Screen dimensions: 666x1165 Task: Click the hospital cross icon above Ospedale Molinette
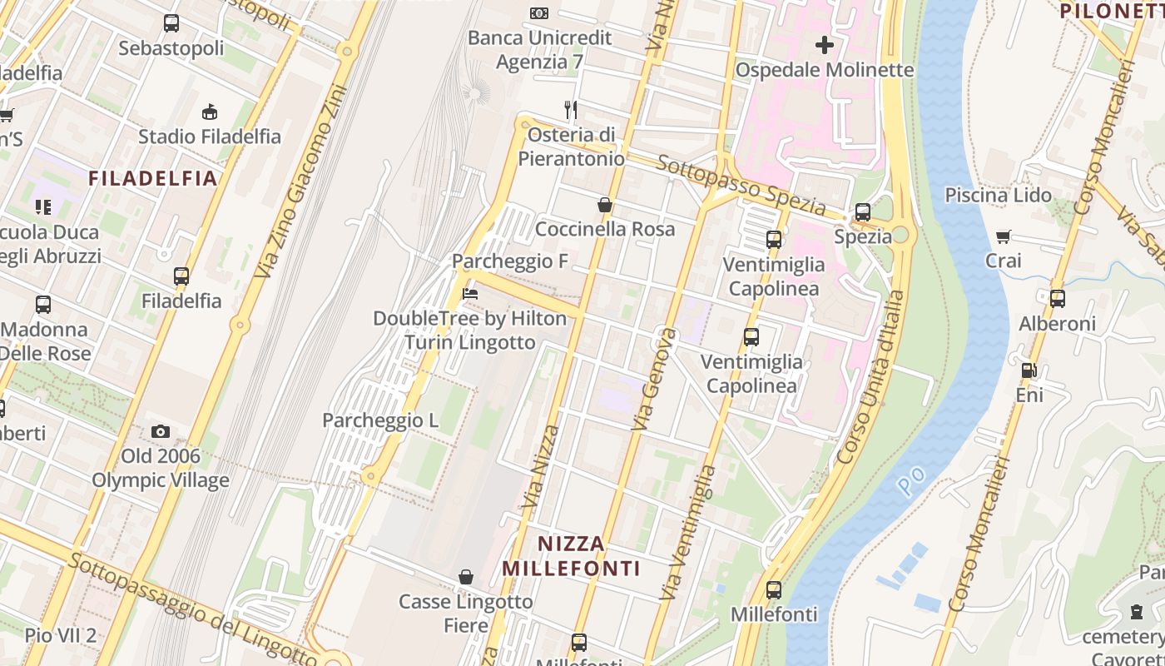pyautogui.click(x=824, y=44)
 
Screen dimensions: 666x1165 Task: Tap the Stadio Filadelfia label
pyautogui.click(x=210, y=137)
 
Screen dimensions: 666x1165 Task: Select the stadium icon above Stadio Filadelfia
pyautogui.click(x=210, y=112)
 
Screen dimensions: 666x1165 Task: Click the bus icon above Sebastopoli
pyautogui.click(x=171, y=23)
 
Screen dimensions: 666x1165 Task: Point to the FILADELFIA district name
pyautogui.click(x=153, y=178)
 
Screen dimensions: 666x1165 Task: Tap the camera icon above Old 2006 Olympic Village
pyautogui.click(x=161, y=431)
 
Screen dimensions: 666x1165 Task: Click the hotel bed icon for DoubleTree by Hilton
pyautogui.click(x=469, y=294)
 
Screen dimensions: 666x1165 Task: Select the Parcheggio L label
pyautogui.click(x=380, y=420)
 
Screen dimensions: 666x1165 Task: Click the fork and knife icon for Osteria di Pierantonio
pyautogui.click(x=571, y=110)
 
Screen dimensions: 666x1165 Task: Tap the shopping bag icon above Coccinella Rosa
pyautogui.click(x=605, y=205)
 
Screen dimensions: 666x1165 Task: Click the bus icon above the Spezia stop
pyautogui.click(x=863, y=212)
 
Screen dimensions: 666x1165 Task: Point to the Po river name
pyautogui.click(x=911, y=481)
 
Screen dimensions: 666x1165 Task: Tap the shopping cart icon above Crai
pyautogui.click(x=1004, y=236)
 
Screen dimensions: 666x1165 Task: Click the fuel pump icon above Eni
pyautogui.click(x=1029, y=370)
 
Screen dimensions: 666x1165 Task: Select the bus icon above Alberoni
pyautogui.click(x=1057, y=299)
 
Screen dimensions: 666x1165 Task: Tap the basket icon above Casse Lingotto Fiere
pyautogui.click(x=466, y=577)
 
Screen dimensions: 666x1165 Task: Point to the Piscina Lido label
pyautogui.click(x=998, y=196)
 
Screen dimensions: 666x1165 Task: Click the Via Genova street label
pyautogui.click(x=655, y=380)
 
